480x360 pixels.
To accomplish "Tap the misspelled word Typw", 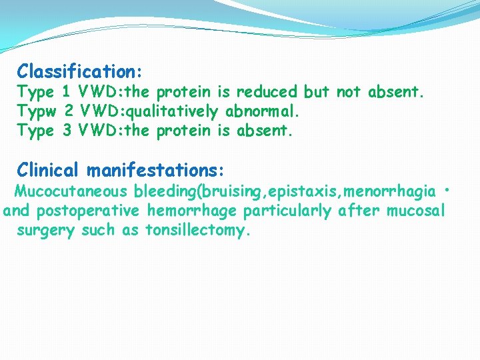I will coord(35,111).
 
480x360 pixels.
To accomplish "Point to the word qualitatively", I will coord(176,111).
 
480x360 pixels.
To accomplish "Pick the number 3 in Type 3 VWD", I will coord(67,131).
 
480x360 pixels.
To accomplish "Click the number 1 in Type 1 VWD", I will coord(67,91).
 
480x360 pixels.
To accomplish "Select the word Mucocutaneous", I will coord(71,192).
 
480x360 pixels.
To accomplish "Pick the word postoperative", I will coord(88,211).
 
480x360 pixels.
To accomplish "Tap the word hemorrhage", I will coord(191,211).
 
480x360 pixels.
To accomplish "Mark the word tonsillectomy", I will coord(197,231).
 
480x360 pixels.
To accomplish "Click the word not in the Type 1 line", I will coord(349,91).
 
